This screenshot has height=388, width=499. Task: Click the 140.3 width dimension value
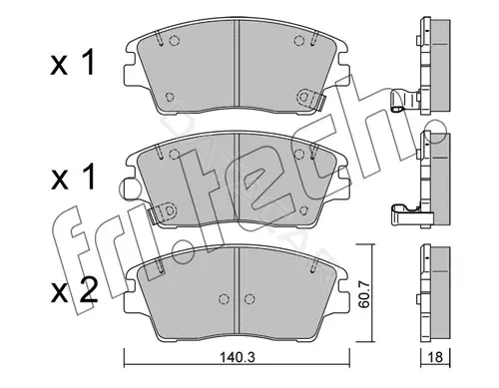point(238,358)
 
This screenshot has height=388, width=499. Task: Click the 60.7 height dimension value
point(365,294)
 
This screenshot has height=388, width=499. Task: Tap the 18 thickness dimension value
point(435,358)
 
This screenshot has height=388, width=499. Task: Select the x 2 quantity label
point(74,290)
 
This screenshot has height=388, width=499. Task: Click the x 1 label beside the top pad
point(73,62)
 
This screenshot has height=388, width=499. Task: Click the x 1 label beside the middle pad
point(73,178)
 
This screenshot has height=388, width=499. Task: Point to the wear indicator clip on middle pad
point(162,211)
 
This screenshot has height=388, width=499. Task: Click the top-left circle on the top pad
point(174,41)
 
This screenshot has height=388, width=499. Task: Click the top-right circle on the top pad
point(299,41)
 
